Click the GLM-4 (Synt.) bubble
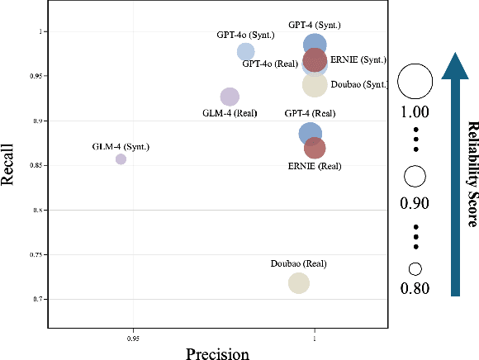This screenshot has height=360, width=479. [121, 159]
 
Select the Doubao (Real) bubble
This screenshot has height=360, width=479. [299, 283]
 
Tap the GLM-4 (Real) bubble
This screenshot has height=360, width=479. [230, 97]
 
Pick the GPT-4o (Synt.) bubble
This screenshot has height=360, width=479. [245, 52]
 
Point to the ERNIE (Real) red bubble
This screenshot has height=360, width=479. [315, 148]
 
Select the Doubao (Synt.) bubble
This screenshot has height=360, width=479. [315, 83]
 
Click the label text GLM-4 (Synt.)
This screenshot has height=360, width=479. [121, 146]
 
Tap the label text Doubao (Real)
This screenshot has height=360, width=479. [299, 263]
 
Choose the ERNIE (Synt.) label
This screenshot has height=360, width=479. [358, 60]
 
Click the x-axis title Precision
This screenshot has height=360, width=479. [217, 353]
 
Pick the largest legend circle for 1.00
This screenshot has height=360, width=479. [415, 81]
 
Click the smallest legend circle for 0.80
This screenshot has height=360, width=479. [415, 268]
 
